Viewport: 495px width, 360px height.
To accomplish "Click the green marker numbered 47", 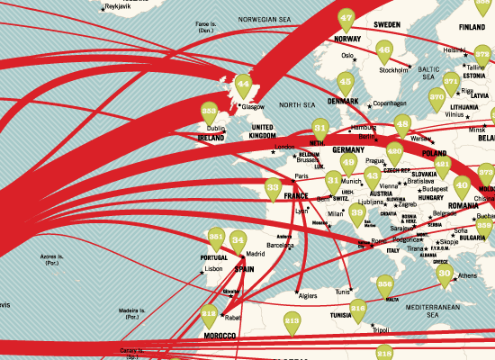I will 346,19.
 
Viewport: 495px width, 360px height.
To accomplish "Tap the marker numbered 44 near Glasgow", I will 242,85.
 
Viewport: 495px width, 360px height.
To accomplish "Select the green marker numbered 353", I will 210,113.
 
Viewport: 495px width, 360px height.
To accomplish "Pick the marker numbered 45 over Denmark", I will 346,83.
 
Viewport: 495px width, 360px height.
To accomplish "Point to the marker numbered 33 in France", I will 274,188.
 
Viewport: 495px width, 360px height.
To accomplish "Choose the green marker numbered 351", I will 216,238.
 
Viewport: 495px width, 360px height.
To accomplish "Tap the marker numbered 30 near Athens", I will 445,274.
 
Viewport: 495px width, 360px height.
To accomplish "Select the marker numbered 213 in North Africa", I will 292,319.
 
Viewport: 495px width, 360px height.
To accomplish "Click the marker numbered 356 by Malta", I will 385,285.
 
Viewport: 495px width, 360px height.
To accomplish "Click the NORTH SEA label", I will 297,106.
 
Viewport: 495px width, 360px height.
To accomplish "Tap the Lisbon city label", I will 213,268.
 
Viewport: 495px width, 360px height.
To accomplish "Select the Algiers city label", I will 309,295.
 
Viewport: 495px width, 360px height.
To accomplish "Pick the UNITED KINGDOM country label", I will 267,131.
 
